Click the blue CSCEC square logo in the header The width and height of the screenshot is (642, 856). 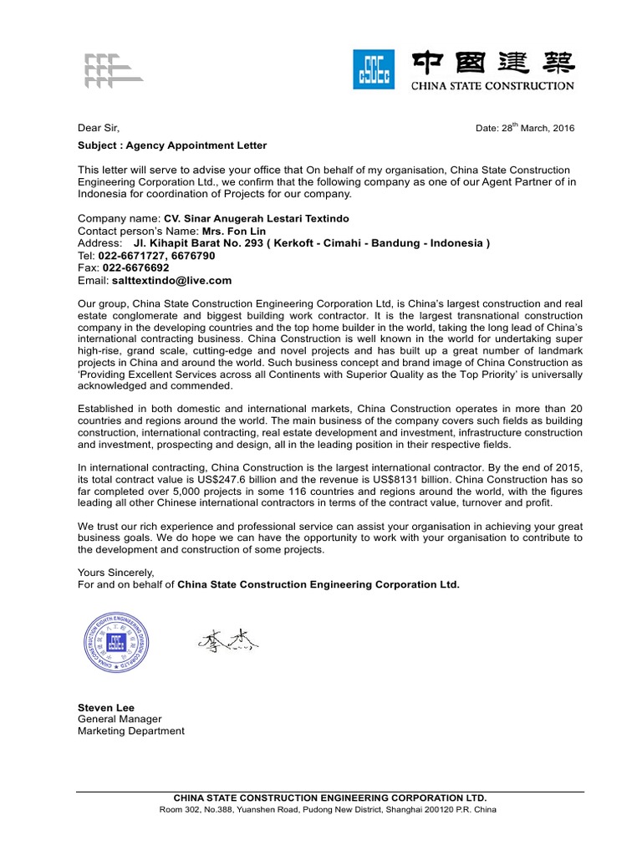(374, 70)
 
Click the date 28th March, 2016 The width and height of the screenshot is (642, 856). (525, 128)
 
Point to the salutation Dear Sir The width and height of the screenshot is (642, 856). (99, 128)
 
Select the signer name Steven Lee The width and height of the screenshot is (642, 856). (105, 707)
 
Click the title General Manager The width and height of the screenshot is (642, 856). (120, 719)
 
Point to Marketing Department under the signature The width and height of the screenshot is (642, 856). (130, 731)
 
